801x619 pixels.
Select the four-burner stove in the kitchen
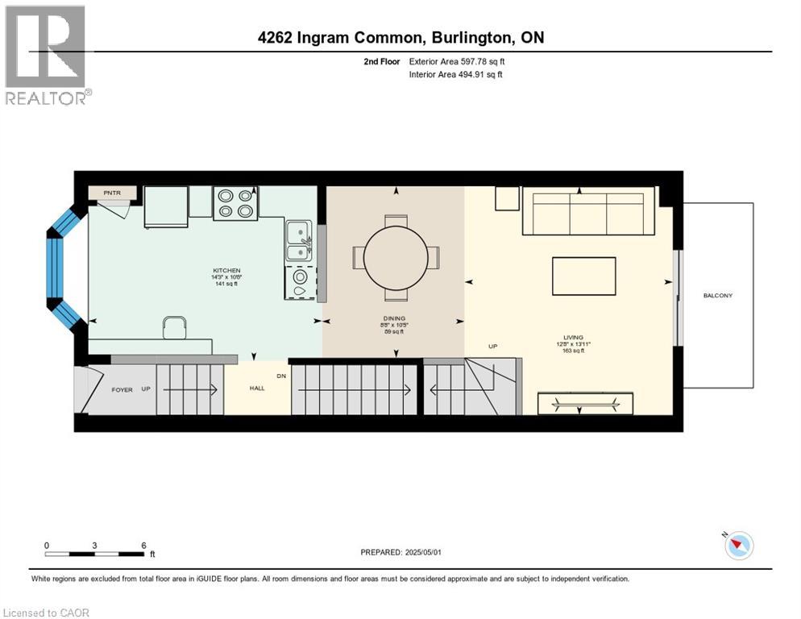pyautogui.click(x=235, y=203)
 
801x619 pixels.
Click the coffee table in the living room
pyautogui.click(x=583, y=276)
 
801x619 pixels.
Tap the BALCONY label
pyautogui.click(x=717, y=296)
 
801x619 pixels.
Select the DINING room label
pyautogui.click(x=394, y=318)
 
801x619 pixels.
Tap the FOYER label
pyautogui.click(x=122, y=390)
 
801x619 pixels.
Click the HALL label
pyautogui.click(x=257, y=388)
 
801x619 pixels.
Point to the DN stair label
pyautogui.click(x=280, y=376)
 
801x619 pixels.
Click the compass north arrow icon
pyautogui.click(x=738, y=546)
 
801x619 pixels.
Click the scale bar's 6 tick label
pyautogui.click(x=143, y=545)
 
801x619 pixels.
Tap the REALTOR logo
pyautogui.click(x=46, y=55)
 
